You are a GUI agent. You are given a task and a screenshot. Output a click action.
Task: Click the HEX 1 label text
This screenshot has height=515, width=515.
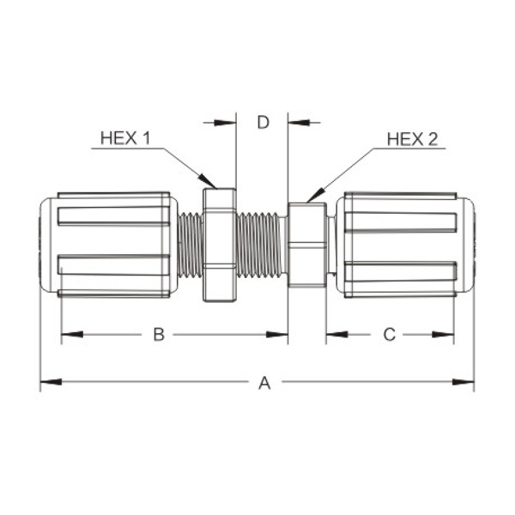[x=125, y=138]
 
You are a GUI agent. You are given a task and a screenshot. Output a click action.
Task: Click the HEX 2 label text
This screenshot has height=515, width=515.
[x=412, y=139]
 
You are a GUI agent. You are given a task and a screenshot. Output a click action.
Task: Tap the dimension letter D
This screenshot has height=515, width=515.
[x=264, y=122]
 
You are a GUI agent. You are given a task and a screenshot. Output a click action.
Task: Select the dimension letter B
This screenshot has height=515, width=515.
[x=159, y=335]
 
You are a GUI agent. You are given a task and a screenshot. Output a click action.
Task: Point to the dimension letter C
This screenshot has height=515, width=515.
[x=390, y=335]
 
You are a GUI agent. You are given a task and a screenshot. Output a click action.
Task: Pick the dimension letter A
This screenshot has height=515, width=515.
[x=264, y=383]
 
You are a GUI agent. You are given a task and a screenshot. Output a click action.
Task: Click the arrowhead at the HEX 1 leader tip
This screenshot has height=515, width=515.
[x=207, y=182]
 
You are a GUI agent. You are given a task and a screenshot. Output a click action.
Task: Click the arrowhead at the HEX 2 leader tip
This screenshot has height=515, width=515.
[x=315, y=195]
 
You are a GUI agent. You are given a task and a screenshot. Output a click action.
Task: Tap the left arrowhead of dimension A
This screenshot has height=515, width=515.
[x=51, y=382]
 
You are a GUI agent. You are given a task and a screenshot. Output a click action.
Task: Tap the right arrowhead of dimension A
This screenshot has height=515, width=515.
[x=463, y=382]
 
